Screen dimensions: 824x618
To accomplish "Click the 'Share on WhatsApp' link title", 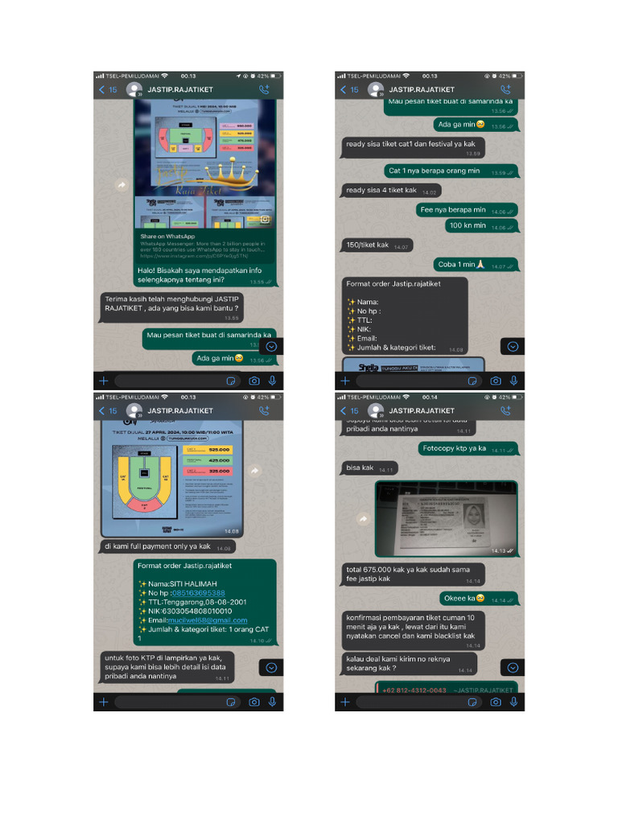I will point(167,236).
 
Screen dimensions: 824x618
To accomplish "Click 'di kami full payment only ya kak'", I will point(158,546).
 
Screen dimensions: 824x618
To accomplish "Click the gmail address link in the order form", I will point(208,620).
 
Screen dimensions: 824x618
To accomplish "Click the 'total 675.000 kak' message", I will point(407,574).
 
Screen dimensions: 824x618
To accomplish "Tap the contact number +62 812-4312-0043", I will point(415,690).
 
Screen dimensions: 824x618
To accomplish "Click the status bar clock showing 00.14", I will point(430,398).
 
